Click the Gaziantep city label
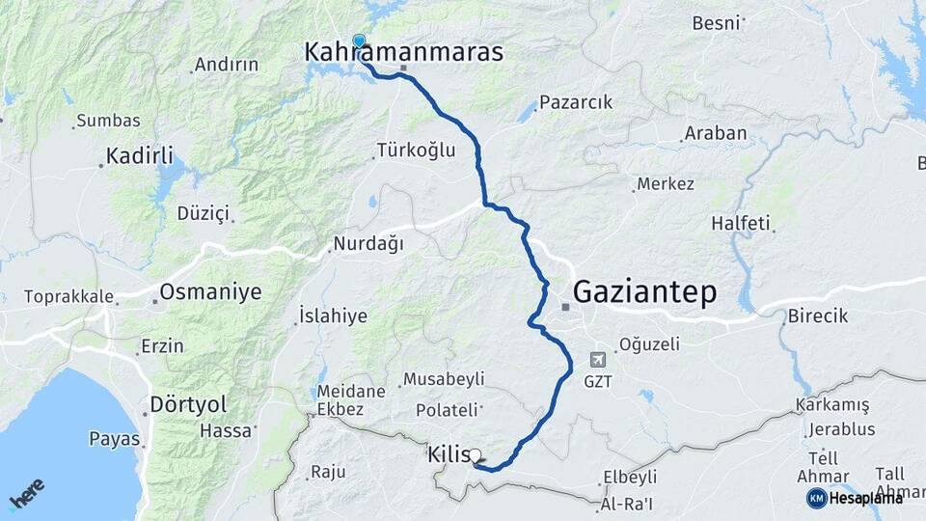click(644, 291)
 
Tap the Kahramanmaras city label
click(404, 52)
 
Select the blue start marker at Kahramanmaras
click(359, 41)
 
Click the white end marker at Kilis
click(475, 454)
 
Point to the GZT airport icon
click(598, 359)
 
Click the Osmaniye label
click(210, 292)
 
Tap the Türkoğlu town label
click(416, 151)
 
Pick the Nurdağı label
click(368, 244)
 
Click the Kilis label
click(449, 453)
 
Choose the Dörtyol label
click(188, 405)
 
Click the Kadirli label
click(140, 156)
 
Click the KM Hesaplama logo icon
click(816, 498)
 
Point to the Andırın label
click(227, 65)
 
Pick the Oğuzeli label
click(649, 343)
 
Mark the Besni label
click(716, 22)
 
